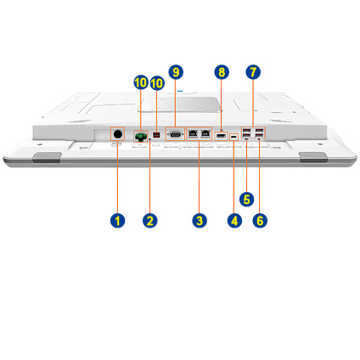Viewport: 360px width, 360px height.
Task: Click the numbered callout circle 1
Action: pos(117,221)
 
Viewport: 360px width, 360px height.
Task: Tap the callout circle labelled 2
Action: pos(150,221)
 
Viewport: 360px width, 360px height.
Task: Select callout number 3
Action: pos(200,221)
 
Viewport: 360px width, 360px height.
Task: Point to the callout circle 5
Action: pos(247,200)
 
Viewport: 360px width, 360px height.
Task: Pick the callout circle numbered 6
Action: pos(260,221)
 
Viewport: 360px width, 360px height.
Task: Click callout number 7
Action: pos(253,72)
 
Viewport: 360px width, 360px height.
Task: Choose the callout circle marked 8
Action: pos(222,72)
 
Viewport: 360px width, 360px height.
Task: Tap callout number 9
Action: pos(176,72)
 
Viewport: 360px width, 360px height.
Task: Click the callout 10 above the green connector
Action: pos(141,82)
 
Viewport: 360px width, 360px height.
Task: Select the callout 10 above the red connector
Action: pos(157,82)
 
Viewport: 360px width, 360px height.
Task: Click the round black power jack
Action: pos(117,134)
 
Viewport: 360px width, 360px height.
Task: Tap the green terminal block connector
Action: pos(141,137)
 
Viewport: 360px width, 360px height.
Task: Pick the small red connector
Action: pos(156,135)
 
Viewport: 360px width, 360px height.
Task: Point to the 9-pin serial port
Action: pos(175,134)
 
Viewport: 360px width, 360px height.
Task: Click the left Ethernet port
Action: pos(193,133)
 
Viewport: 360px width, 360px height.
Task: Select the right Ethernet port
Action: pos(205,133)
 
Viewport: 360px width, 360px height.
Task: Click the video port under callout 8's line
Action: pos(222,136)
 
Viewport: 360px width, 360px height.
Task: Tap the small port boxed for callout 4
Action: pos(233,138)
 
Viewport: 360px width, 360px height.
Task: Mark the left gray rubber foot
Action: pos(47,157)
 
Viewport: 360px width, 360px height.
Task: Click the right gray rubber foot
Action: pos(313,157)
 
